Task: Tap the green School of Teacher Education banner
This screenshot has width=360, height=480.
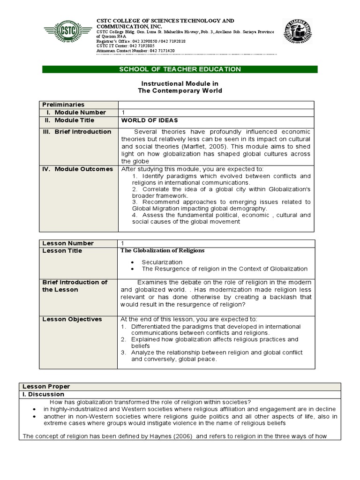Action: (180, 69)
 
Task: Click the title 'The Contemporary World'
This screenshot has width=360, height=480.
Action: (180, 90)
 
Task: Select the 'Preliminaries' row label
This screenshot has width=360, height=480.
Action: (63, 105)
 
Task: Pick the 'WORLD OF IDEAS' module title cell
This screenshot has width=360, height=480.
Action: (150, 120)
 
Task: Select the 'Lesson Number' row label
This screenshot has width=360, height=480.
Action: (68, 243)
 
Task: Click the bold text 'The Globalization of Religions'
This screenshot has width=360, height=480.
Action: (163, 251)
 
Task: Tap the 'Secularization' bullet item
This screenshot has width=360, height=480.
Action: (162, 262)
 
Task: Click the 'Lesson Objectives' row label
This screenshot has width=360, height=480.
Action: (72, 319)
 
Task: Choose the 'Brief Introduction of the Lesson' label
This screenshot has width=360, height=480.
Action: (75, 286)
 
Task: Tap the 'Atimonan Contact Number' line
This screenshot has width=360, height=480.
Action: (135, 50)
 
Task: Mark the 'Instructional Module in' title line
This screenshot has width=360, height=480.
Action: (180, 83)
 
